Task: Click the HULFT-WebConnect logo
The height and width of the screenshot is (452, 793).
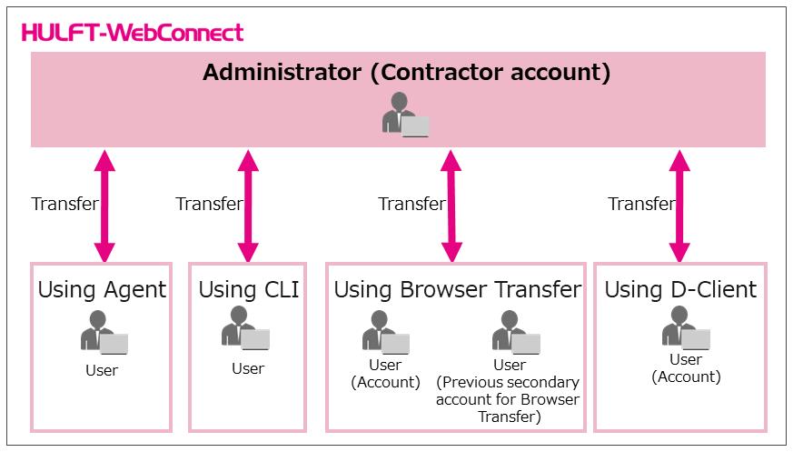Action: [133, 33]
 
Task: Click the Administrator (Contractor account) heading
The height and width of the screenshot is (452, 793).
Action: [407, 73]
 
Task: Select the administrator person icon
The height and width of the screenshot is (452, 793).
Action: [405, 115]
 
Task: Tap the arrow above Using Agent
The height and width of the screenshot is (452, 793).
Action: [104, 206]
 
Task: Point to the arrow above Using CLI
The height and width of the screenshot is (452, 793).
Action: [248, 206]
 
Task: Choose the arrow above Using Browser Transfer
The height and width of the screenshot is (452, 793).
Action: [451, 206]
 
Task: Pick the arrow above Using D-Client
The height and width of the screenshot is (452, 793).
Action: [679, 206]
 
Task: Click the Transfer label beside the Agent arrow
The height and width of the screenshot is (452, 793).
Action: [64, 204]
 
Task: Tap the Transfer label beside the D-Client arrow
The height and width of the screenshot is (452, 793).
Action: [641, 204]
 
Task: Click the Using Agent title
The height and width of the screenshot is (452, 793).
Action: [102, 290]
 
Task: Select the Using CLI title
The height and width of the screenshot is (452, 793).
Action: [248, 290]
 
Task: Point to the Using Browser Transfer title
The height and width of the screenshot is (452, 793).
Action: [457, 290]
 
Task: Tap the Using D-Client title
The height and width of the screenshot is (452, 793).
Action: [680, 290]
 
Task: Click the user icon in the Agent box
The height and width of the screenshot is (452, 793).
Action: [104, 332]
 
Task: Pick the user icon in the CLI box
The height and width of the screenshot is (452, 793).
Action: [245, 328]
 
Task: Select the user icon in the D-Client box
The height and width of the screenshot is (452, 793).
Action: [686, 328]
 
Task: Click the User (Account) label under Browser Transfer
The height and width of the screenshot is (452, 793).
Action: [385, 374]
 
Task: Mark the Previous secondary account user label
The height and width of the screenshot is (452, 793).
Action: [509, 391]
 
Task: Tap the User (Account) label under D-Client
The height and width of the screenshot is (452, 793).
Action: [686, 368]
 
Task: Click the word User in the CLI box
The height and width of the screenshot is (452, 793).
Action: [248, 368]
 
